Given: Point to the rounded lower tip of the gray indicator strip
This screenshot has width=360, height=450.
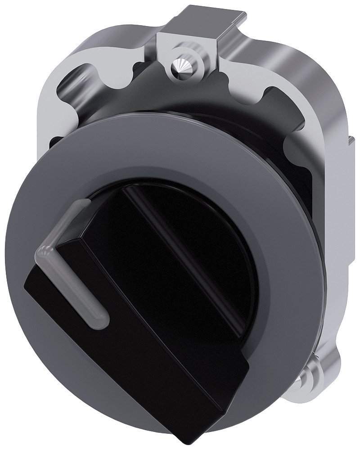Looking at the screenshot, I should point(101,319).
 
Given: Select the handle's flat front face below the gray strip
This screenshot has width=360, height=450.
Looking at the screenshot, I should point(135,351).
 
